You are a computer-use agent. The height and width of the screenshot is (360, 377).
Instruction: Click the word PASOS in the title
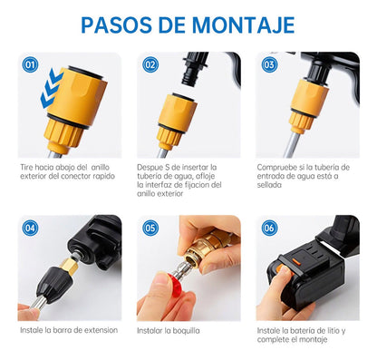pyautogui.click(x=124, y=24)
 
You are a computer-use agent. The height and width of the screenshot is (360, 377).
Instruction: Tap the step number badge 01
pyautogui.click(x=31, y=65)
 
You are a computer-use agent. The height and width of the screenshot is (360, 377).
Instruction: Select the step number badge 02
pyautogui.click(x=150, y=65)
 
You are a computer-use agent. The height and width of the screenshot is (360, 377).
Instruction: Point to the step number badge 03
pyautogui.click(x=269, y=65)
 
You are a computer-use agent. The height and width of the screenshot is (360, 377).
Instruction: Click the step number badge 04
pyautogui.click(x=31, y=228)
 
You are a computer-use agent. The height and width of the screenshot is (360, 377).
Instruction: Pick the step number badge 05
pyautogui.click(x=150, y=228)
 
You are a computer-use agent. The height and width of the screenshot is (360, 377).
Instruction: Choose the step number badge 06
pyautogui.click(x=269, y=228)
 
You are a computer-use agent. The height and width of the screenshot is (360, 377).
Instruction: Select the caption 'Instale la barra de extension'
pyautogui.click(x=69, y=330)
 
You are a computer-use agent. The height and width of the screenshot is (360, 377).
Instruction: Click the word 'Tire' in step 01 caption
pyautogui.click(x=28, y=167)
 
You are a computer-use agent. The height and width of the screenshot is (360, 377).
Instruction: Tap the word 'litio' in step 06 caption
pyautogui.click(x=339, y=330)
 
